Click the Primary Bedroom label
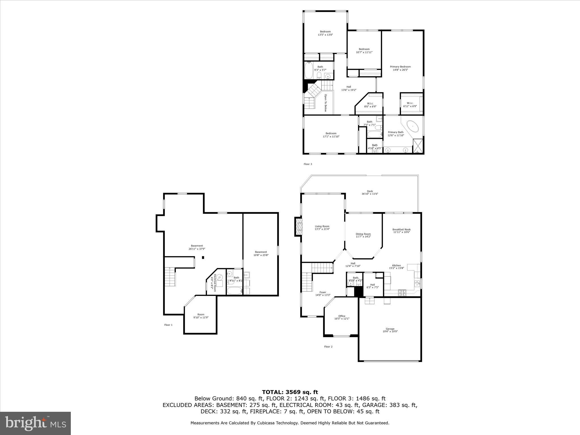pyautogui.click(x=400, y=68)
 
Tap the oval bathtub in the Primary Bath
pyautogui.click(x=413, y=126)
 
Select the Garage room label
pyautogui.click(x=390, y=330)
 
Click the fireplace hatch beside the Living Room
pyautogui.click(x=298, y=227)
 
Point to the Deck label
pyautogui.click(x=370, y=193)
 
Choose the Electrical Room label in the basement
pyautogui.click(x=213, y=281)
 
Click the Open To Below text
pyautogui.click(x=326, y=103)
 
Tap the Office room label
pyautogui.click(x=342, y=317)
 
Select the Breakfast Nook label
pyautogui.click(x=401, y=231)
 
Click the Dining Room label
pyautogui.click(x=363, y=235)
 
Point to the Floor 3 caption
pyautogui.click(x=308, y=164)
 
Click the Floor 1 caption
pyautogui.click(x=168, y=325)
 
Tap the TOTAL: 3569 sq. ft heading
pyautogui.click(x=290, y=392)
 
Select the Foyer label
pyautogui.click(x=323, y=294)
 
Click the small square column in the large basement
pyautogui.click(x=203, y=257)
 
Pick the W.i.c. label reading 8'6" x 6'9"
pyautogui.click(x=370, y=105)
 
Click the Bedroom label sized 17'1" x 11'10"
pyautogui.click(x=331, y=135)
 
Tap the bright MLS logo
pyautogui.click(x=35, y=423)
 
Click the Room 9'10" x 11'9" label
pyautogui.click(x=201, y=316)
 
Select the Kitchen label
pyautogui.click(x=396, y=266)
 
